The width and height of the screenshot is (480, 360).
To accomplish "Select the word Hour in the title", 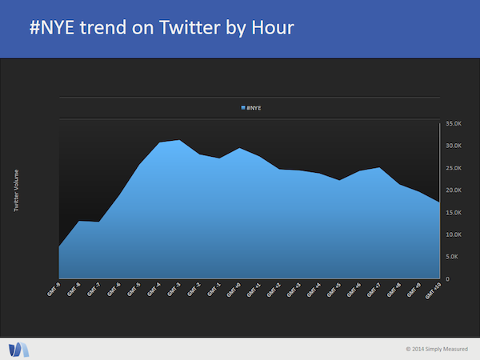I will pyautogui.click(x=270, y=29).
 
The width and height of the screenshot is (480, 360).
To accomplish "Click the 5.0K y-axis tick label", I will pyautogui.click(x=452, y=257).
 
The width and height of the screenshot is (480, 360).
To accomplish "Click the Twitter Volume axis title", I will pyautogui.click(x=17, y=190).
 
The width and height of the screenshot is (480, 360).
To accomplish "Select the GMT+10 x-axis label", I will pyautogui.click(x=433, y=290).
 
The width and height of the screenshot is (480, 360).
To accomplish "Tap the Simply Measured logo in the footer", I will pyautogui.click(x=18, y=349).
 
